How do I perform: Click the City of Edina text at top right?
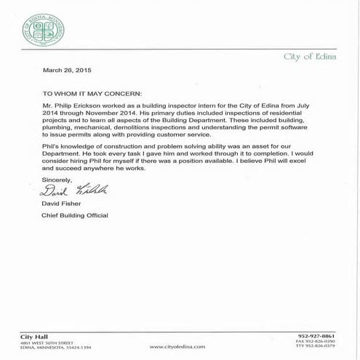tap(306, 56)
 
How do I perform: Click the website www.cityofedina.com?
tap(179, 347)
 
